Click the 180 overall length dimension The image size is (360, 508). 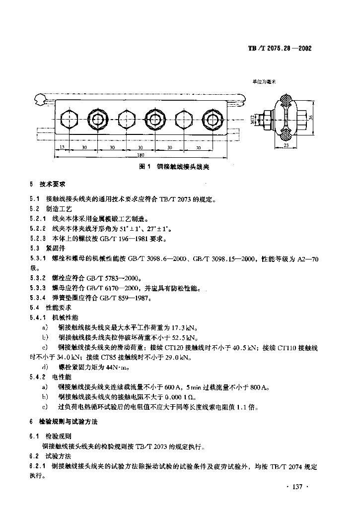[x=135, y=155]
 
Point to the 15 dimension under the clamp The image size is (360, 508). [x=62, y=148]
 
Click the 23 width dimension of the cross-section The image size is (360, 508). [x=287, y=145]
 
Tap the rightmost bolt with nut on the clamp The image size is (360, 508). [x=213, y=119]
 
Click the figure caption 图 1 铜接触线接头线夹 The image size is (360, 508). [x=174, y=167]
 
